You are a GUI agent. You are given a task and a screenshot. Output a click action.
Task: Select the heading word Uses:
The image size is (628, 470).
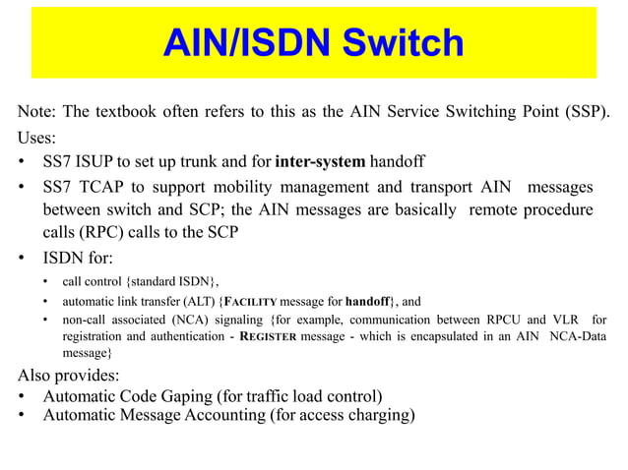(x=37, y=136)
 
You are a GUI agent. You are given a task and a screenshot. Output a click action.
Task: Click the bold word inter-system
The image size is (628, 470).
(x=321, y=161)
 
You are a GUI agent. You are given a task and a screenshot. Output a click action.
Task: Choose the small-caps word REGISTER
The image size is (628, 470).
(x=299, y=336)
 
